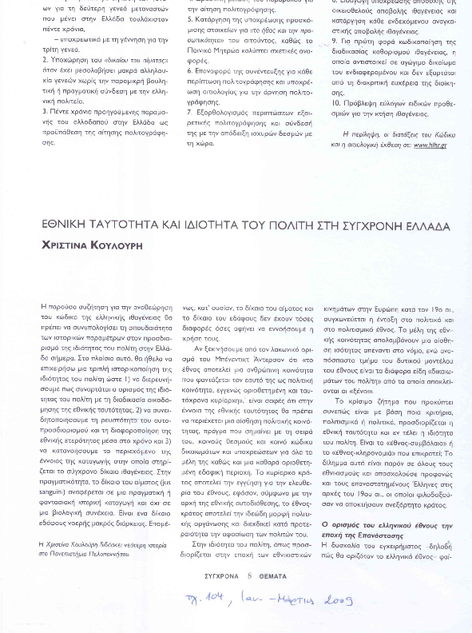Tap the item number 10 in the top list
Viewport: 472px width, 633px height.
point(335,103)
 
